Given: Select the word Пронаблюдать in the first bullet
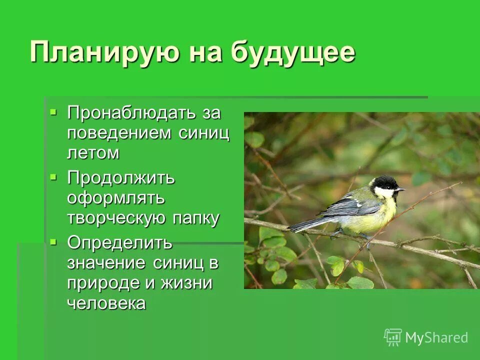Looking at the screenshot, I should [133, 112].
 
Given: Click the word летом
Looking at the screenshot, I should [93, 152].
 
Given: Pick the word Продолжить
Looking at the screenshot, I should [121, 177].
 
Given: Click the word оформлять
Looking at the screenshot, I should [116, 197].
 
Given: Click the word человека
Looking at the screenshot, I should [106, 303].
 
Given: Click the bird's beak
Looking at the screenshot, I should [400, 189].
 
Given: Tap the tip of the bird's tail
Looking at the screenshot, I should [290, 230].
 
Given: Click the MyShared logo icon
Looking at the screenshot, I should [393, 337].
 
